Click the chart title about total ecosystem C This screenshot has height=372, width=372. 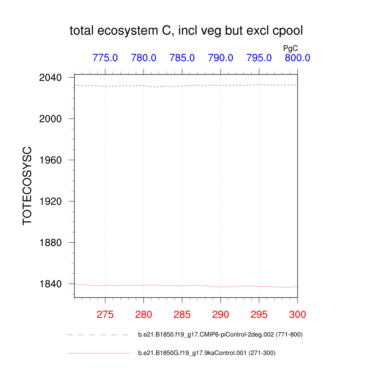(186, 31)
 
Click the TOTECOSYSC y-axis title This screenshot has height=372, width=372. (28, 186)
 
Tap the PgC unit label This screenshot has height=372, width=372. (291, 48)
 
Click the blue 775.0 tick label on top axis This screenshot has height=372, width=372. (105, 57)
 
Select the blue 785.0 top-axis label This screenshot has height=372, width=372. (182, 57)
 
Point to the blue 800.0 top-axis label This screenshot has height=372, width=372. (297, 57)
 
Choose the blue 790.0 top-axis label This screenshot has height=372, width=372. (221, 57)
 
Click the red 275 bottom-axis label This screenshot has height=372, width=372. (105, 315)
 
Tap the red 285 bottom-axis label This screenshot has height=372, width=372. (182, 315)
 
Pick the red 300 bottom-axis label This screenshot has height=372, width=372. (297, 315)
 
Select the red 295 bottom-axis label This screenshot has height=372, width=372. (259, 315)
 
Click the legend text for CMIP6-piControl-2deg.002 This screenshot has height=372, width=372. (220, 335)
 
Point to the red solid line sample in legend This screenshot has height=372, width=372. (98, 353)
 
